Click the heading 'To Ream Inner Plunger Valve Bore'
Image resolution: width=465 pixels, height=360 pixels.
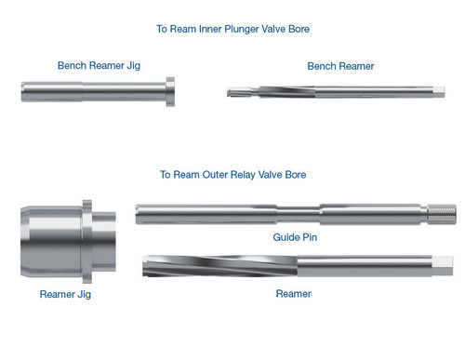232,29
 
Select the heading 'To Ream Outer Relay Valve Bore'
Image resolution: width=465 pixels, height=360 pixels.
232,174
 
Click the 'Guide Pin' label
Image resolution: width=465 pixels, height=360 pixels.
293,237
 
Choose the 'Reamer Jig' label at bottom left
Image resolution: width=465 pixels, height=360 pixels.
66,294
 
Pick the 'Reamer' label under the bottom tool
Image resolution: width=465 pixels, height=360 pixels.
294,293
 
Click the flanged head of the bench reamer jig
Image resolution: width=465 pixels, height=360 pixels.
169,91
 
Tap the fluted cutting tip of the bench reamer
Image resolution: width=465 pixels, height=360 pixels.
245,91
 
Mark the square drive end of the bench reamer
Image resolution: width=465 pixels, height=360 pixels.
439,90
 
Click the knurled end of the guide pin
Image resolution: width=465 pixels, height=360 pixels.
445,215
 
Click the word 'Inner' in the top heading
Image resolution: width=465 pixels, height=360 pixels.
215,29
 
